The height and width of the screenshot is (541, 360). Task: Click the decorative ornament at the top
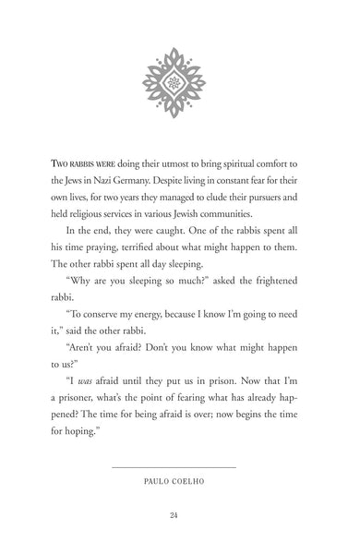(181, 83)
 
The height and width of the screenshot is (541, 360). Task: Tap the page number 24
(180, 514)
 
